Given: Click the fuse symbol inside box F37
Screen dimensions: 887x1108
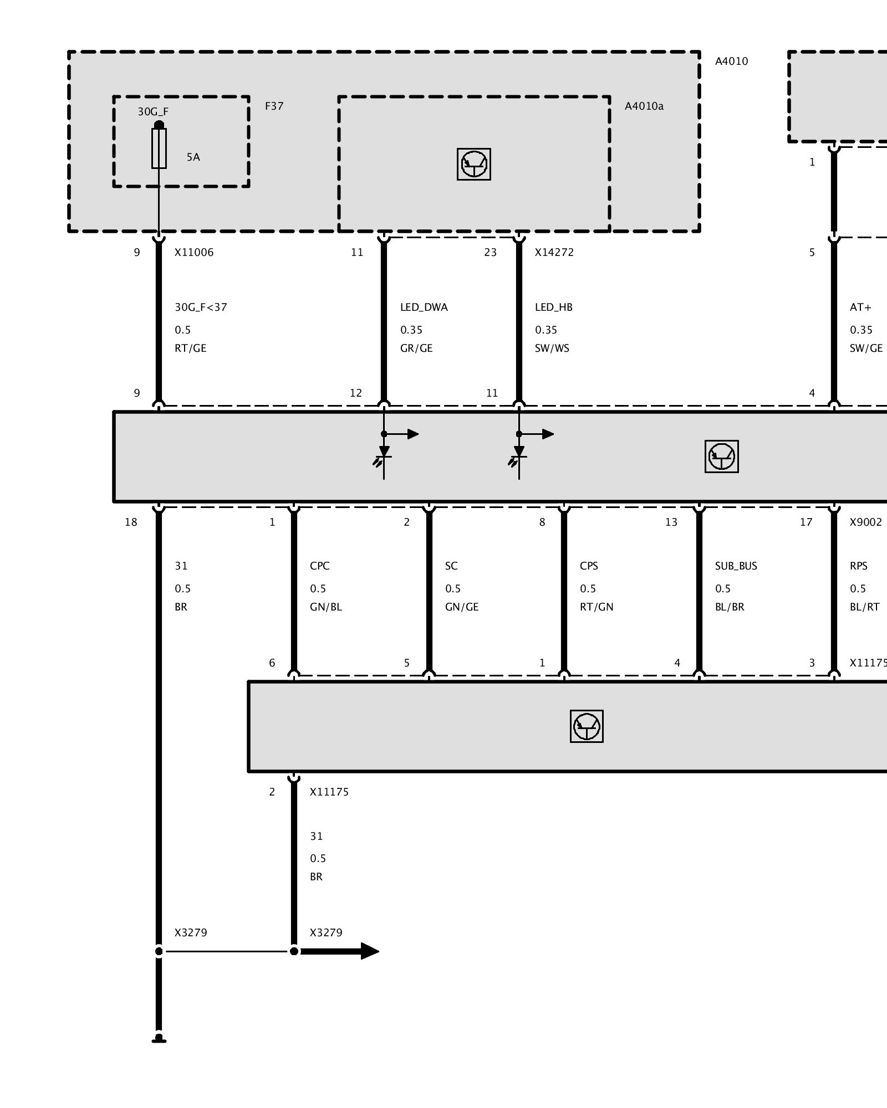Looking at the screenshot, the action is coord(159,148).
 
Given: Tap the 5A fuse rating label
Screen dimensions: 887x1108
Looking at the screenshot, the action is coord(193,157).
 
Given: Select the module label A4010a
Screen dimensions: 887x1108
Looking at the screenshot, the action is coord(644,106).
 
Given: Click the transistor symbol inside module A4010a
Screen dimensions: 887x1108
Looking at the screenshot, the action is coord(474,164).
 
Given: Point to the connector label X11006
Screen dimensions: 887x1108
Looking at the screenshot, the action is coord(194,253).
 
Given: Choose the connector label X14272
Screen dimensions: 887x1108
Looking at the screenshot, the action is coord(554,253).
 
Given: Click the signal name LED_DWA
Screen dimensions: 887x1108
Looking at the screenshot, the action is coord(424,307).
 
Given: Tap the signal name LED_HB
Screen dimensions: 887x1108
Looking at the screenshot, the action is coord(554,307).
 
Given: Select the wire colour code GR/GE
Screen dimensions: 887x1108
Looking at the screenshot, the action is coord(416,348).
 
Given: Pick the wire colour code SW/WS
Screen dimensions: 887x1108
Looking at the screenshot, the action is coord(552,348).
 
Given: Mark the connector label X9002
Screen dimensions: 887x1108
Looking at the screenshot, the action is coord(865,522).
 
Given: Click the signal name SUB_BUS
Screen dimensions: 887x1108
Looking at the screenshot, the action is coord(736,566).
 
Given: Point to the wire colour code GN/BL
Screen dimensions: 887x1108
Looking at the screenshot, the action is coord(326,607).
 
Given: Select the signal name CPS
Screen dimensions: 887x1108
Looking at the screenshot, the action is coord(589,566).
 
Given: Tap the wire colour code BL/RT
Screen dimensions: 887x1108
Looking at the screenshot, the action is coord(865,607).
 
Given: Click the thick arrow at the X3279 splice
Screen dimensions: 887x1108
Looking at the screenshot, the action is coord(339,951).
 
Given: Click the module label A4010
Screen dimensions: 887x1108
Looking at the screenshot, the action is coord(731,61).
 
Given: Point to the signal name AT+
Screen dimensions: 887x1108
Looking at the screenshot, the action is coord(860,307).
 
